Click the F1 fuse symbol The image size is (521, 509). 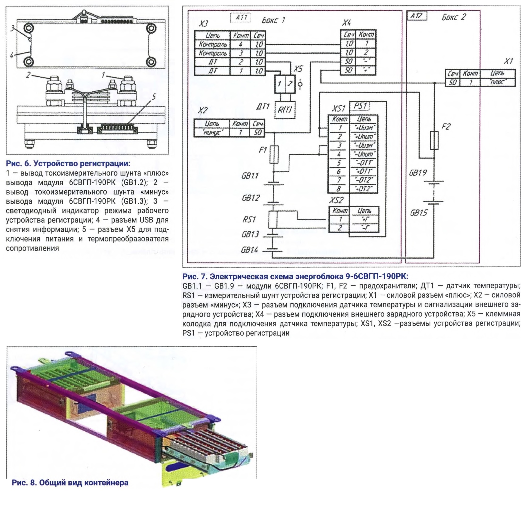click(274, 154)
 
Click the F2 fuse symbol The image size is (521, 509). click(434, 140)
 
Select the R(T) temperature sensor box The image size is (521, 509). click(285, 110)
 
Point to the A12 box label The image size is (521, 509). click(417, 16)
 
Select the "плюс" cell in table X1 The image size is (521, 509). click(497, 82)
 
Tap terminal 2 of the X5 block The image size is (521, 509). click(290, 84)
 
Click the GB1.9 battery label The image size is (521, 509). click(418, 173)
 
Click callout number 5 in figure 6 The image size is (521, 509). click(154, 96)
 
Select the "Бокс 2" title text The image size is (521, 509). click(454, 17)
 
